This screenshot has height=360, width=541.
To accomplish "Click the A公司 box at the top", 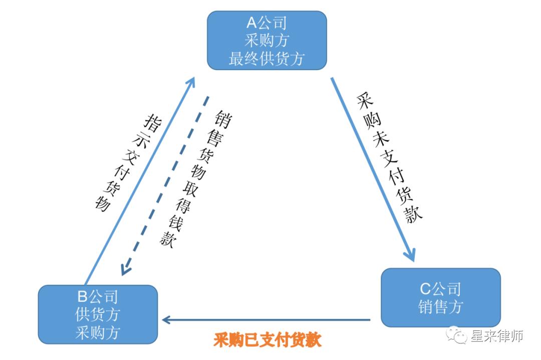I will tap(266, 40).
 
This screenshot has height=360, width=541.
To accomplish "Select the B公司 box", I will tap(98, 314).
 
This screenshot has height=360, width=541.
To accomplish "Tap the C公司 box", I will tap(440, 297).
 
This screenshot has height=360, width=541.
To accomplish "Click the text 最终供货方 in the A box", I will tap(266, 59).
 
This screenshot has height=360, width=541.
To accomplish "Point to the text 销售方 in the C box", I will tap(440, 306).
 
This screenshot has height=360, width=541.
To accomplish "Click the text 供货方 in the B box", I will tap(98, 314).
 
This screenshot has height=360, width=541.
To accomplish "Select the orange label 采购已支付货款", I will tap(267, 340).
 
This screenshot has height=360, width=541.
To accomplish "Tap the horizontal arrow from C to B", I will tap(265, 319).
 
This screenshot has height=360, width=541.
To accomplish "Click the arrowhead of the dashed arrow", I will tap(126, 269).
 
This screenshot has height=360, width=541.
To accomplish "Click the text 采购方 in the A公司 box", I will tap(266, 41).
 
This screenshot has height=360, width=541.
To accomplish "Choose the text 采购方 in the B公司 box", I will tap(98, 332).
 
